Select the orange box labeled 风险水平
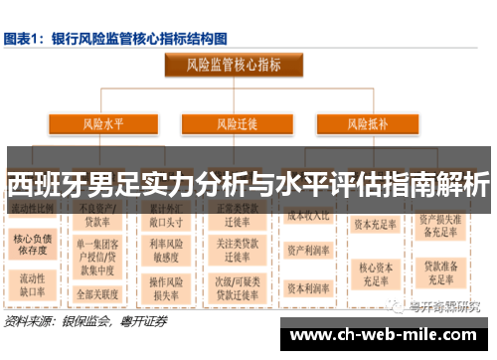click(102, 124)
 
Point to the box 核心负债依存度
click(33, 246)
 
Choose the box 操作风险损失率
click(171, 288)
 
